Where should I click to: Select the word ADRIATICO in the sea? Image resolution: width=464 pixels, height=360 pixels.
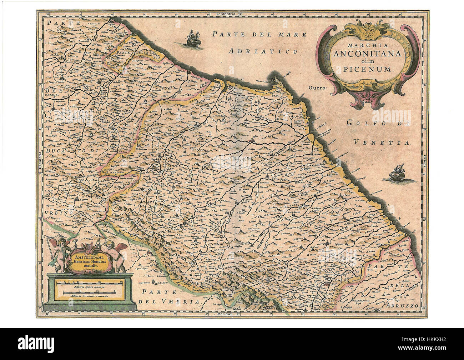click(x=263, y=51)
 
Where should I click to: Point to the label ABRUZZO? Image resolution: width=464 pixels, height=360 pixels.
click(x=402, y=306)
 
